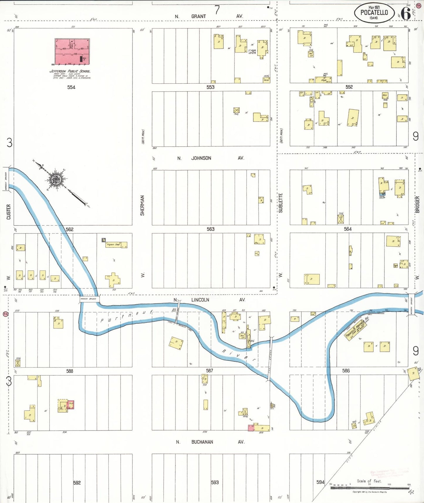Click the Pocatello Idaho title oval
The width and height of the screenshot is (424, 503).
point(374,13)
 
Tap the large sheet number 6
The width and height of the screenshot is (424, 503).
point(406,13)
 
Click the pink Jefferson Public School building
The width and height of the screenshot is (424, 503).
point(72,52)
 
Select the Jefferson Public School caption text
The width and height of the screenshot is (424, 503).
point(70,71)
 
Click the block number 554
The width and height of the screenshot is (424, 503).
point(71,87)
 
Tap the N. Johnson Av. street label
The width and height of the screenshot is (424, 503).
point(210,158)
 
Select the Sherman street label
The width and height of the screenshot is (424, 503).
point(142,205)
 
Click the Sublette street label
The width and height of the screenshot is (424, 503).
point(281,203)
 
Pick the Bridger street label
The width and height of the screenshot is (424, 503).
point(417,205)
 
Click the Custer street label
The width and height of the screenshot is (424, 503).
point(8,212)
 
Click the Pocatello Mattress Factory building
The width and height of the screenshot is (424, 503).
point(356,329)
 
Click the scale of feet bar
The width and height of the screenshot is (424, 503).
point(370,488)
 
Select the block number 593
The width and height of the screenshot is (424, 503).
point(215,482)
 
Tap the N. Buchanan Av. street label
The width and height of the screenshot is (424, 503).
point(210,442)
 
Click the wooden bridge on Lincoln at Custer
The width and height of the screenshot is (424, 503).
point(89,299)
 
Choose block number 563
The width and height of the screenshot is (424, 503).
point(210,229)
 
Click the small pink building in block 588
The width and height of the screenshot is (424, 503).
point(71,405)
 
